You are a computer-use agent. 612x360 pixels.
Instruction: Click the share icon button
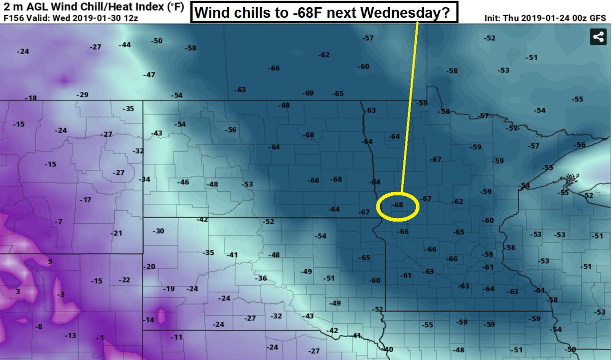598,37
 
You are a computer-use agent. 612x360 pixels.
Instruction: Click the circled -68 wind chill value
398,205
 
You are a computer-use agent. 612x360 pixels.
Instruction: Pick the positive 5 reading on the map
50,262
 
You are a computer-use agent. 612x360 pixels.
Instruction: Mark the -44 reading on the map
124,45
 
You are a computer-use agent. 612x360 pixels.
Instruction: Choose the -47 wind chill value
149,75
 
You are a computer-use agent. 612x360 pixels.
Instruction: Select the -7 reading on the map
59,221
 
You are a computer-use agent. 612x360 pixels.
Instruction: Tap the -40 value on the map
388,349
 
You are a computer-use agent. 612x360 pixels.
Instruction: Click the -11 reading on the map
176,337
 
